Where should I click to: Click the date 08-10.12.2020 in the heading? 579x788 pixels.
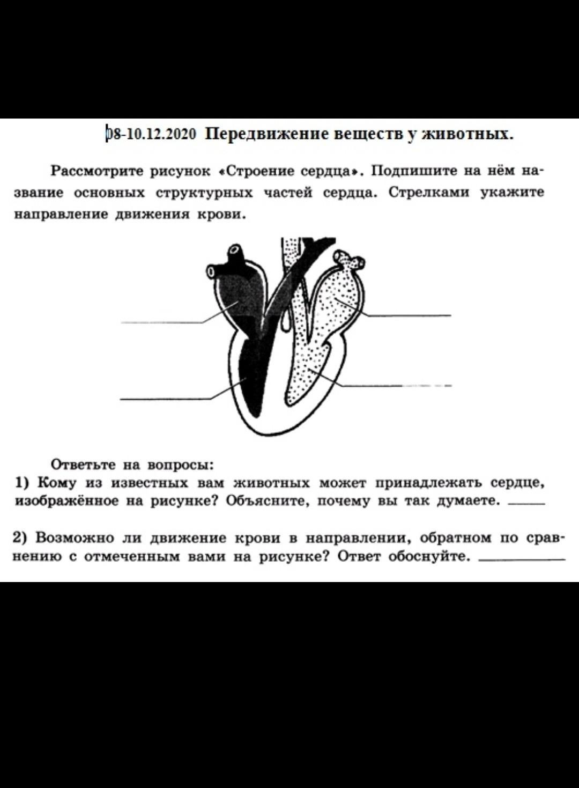152,134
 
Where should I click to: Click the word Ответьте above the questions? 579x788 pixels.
83,464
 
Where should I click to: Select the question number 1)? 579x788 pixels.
23,483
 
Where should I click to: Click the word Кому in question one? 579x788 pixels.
57,483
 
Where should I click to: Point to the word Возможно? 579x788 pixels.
75,537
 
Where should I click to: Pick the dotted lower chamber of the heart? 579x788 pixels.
306,370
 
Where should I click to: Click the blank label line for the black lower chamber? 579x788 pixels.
164,399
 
